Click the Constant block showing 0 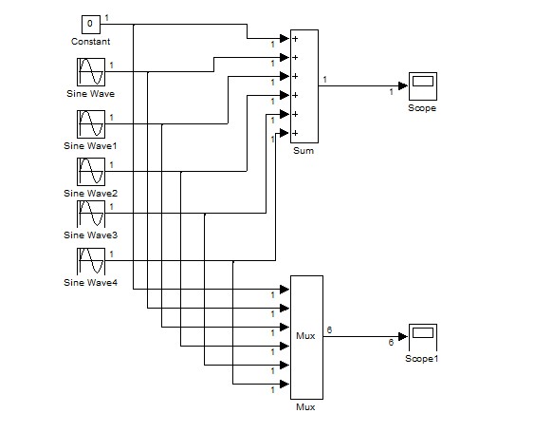(91, 25)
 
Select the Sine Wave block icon (91, 72)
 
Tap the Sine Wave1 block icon (91, 124)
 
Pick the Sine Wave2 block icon (91, 172)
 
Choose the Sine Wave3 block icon (91, 214)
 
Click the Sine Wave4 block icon (91, 261)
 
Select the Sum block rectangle (304, 86)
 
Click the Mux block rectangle (306, 337)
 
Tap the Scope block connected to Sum (423, 86)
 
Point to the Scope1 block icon (423, 337)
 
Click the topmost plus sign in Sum (295, 39)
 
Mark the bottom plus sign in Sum (295, 133)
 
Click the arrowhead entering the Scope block (403, 86)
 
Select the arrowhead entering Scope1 (403, 336)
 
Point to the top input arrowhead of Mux (285, 290)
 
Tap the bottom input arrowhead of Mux (285, 384)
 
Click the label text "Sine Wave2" (90, 193)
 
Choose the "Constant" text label (90, 41)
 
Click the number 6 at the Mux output (329, 329)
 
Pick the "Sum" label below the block (304, 150)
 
